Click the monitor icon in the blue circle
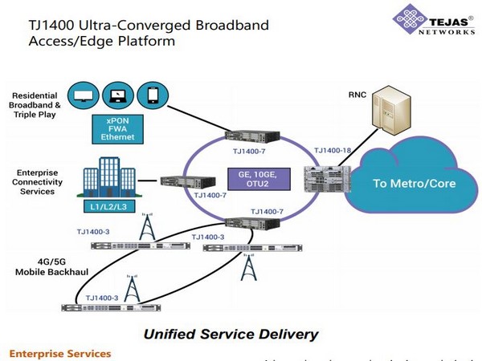[x=84, y=95]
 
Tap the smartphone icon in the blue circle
[x=151, y=95]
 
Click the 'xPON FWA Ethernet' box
[x=118, y=128]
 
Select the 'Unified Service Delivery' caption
[x=229, y=334]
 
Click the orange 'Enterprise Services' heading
[x=59, y=353]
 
